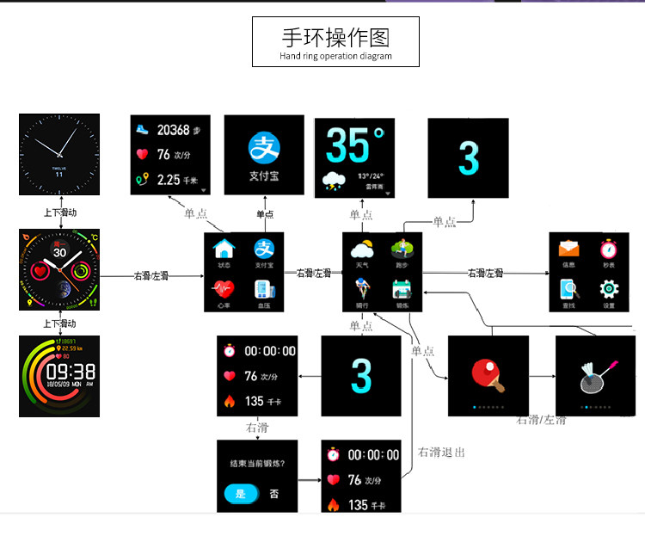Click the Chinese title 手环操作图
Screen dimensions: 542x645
coord(335,38)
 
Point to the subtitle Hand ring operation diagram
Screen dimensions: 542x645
coord(335,57)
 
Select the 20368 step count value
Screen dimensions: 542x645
coord(173,130)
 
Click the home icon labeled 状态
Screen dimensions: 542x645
coord(224,250)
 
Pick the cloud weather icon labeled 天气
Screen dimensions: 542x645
coord(362,250)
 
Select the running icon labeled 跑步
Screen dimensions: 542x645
coord(402,249)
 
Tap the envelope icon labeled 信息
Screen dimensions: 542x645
coord(568,249)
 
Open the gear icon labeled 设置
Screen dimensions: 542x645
coord(609,289)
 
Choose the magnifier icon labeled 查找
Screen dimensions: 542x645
coord(568,289)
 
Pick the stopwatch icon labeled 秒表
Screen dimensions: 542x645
coord(609,249)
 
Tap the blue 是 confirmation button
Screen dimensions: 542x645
coord(240,494)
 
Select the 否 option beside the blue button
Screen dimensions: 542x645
coord(273,494)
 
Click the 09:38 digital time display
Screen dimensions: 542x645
coord(71,372)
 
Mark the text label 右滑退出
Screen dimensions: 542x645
coord(441,452)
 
